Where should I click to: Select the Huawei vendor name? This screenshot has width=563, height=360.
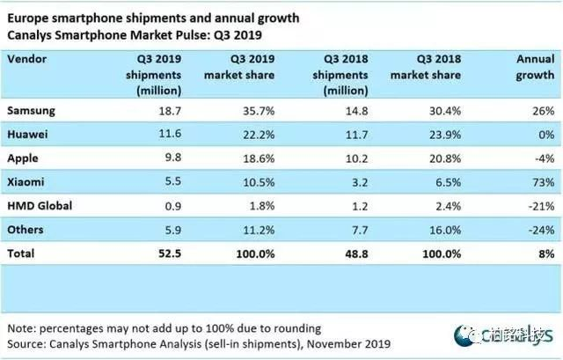28,135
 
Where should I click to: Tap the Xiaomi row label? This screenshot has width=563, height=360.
26,182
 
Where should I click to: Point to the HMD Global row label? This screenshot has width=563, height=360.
39,206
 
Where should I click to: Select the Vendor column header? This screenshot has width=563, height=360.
27,57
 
